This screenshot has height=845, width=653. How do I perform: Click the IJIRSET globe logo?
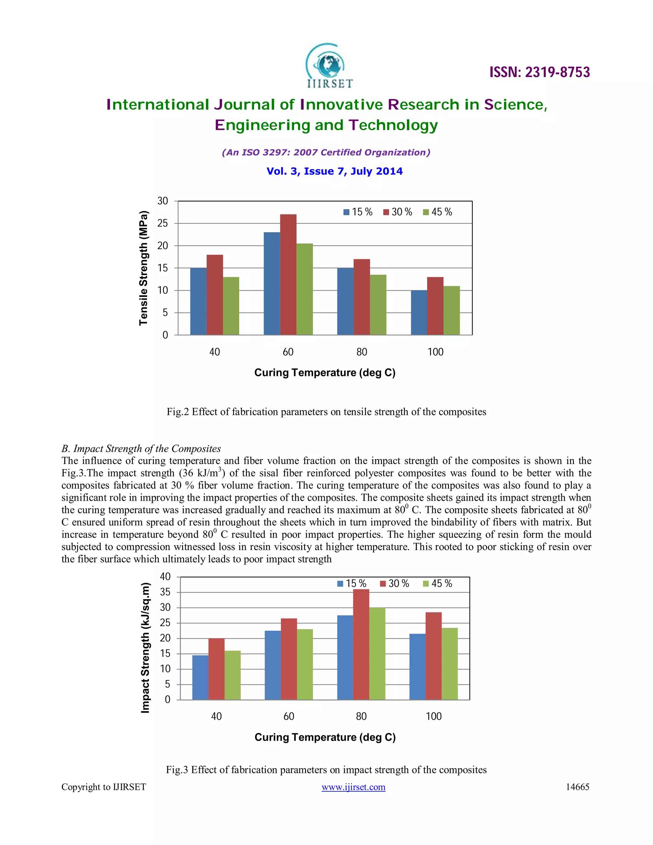(x=329, y=66)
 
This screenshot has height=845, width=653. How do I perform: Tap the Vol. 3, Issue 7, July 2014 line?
(x=334, y=172)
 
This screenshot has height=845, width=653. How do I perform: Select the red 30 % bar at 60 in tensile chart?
(x=288, y=274)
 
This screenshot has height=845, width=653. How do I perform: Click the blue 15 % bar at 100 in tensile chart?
(x=419, y=312)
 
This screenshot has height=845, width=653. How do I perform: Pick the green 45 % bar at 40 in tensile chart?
(x=231, y=306)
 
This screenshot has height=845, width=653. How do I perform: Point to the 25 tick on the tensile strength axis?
(x=163, y=223)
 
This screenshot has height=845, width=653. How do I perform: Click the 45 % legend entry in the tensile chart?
(x=437, y=212)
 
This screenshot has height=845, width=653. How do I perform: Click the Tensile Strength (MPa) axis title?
(x=143, y=268)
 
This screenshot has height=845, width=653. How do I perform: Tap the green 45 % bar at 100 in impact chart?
(x=450, y=664)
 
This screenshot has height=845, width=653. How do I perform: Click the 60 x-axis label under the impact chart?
(x=289, y=716)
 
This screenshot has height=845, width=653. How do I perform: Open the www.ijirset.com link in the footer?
(x=353, y=787)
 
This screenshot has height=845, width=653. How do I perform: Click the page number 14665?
(x=577, y=787)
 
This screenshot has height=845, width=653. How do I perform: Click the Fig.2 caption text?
(x=326, y=412)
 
